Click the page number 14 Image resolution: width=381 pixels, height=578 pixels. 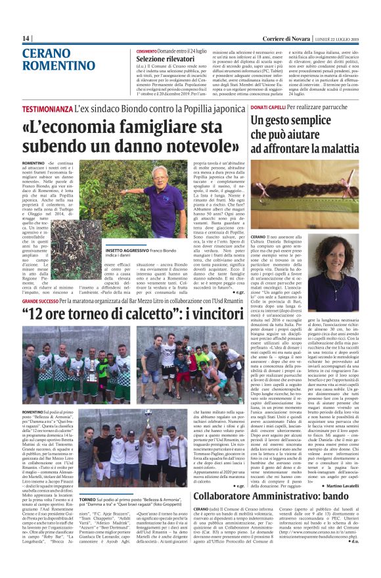(26, 38)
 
